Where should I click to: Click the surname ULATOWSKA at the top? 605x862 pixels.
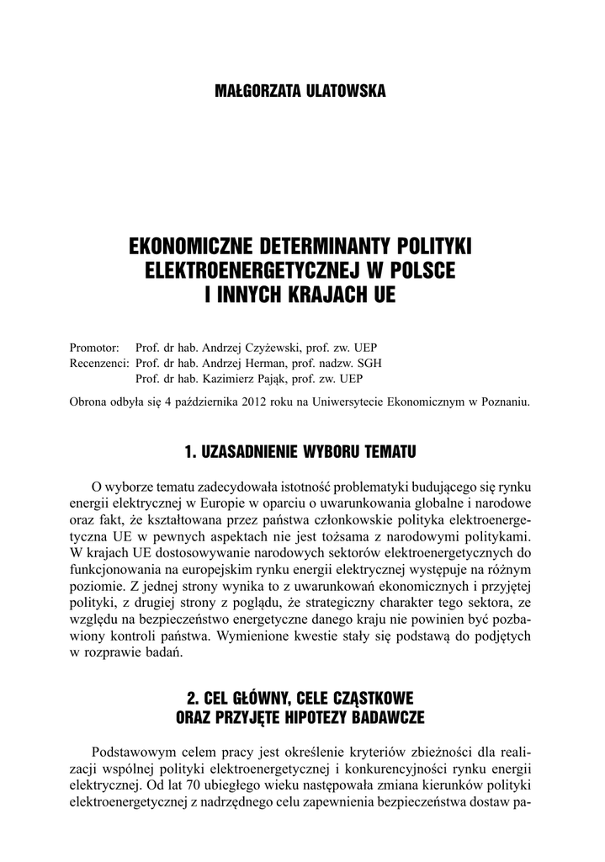click(340, 91)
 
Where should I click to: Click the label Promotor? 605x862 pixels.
click(95, 347)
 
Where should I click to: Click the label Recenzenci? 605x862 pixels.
click(99, 363)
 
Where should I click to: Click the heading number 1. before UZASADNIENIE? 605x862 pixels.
click(191, 452)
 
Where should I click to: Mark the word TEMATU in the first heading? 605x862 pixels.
click(390, 452)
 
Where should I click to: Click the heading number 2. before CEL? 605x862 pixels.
click(193, 699)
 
